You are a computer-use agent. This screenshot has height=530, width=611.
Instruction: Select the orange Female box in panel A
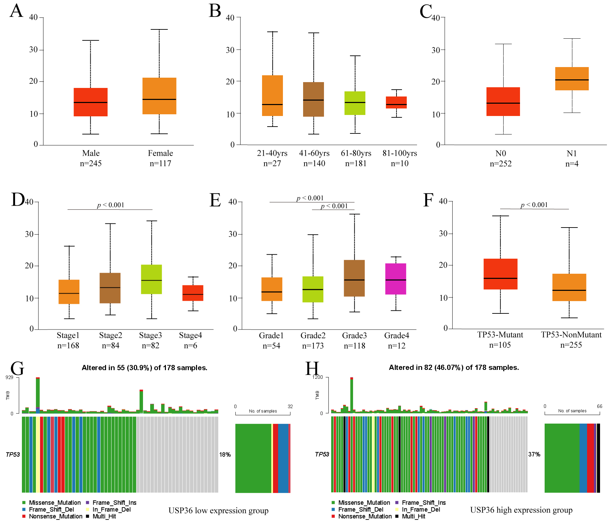tap(159, 96)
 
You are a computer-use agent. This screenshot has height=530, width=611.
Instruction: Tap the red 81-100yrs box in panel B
tap(396, 102)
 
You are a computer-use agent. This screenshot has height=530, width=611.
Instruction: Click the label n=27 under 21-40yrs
tap(272, 164)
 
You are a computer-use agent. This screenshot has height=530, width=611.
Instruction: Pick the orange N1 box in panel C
tap(572, 79)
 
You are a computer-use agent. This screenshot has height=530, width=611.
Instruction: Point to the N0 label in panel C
tap(500, 153)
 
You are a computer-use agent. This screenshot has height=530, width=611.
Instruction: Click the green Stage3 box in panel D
tap(151, 279)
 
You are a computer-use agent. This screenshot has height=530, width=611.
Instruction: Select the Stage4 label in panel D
tap(191, 335)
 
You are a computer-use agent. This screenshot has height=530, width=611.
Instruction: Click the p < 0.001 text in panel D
tap(110, 205)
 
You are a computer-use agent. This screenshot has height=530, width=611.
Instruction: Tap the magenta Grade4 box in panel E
tap(395, 279)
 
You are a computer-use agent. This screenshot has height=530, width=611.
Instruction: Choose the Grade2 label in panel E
tap(313, 335)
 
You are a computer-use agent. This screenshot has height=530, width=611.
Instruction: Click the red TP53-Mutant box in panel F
tap(500, 274)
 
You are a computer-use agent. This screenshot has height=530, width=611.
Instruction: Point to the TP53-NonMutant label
tap(571, 335)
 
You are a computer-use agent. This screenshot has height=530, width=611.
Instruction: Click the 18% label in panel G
tap(225, 454)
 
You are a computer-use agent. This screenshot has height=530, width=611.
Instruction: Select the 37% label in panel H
tap(534, 454)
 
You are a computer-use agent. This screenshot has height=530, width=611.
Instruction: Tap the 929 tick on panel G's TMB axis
tap(9, 377)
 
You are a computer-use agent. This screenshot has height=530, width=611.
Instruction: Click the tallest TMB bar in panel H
tap(352, 395)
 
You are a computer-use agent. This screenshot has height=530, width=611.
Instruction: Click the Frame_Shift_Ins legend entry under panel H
tap(424, 503)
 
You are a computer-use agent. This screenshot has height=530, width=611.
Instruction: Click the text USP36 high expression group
tap(521, 510)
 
